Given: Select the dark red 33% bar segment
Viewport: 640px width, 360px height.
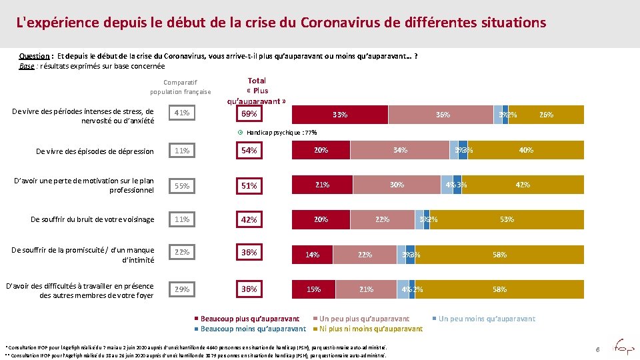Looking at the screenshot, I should [x=340, y=115].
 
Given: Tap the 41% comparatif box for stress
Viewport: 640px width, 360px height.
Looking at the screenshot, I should [x=181, y=114].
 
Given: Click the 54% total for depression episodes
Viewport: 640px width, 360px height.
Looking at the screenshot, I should [x=249, y=151].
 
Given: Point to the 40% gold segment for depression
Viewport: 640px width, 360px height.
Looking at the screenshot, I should [x=526, y=151].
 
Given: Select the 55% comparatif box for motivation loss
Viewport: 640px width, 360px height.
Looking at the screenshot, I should [x=181, y=185].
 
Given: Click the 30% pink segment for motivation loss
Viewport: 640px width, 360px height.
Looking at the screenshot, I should [x=397, y=185].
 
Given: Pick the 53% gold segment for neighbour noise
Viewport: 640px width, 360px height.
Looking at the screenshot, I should [x=507, y=219].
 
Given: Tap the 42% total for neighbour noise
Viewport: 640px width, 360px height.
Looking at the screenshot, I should [x=249, y=219].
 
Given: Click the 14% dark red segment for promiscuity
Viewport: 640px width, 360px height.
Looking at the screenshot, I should [x=312, y=255].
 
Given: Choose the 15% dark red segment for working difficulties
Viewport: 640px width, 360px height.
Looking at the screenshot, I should [x=313, y=289].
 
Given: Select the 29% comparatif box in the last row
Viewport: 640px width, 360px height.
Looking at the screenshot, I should [x=181, y=289].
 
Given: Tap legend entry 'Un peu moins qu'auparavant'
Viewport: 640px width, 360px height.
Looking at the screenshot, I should [x=486, y=319].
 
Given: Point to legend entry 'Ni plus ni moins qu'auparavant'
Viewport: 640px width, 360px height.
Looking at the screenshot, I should [x=370, y=329].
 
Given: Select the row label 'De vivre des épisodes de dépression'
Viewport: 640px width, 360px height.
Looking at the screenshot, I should [x=95, y=151].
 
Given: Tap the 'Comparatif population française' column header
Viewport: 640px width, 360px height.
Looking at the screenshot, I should [x=180, y=87].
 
